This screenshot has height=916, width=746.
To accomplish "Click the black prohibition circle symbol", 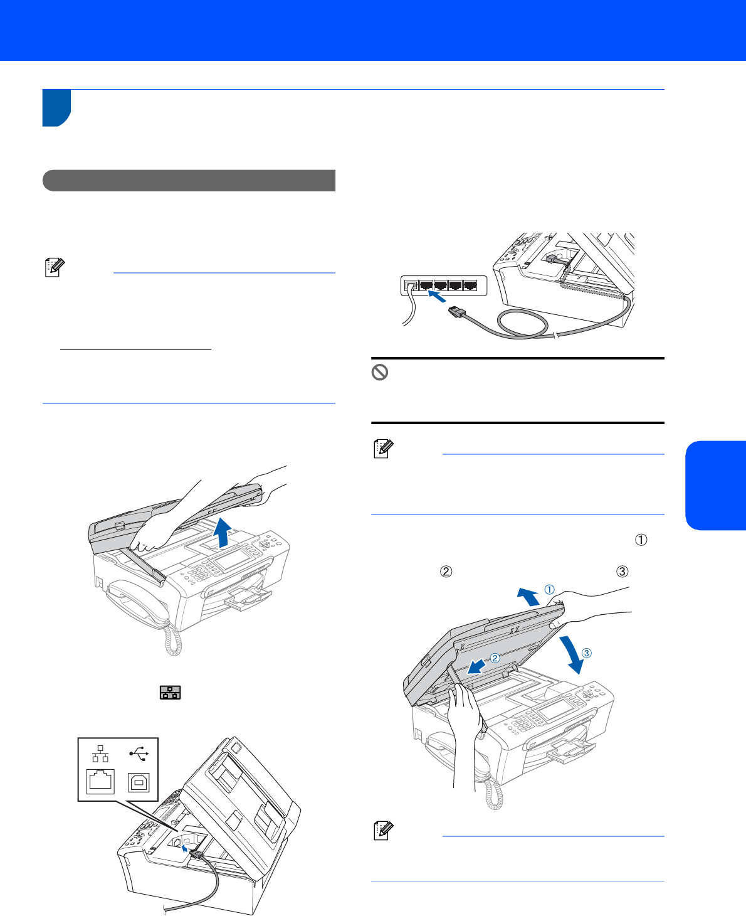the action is pos(379,373).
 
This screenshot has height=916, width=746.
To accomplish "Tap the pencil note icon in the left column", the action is pos(55,267).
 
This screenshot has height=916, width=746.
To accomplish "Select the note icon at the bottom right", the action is pos(383,831).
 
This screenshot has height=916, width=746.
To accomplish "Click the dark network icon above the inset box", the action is pos(170,693).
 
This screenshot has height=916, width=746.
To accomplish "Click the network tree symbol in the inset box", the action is pos(100,754).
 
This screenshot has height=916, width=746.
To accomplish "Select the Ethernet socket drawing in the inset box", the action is pos(100,781).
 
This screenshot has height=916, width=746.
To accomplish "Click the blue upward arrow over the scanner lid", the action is pos(222,533).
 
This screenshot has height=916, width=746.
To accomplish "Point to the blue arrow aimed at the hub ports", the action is pos(437,296).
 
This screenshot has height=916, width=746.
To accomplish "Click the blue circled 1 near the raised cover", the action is pos(549,589).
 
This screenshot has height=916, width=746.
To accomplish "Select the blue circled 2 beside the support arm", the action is pos(495,658).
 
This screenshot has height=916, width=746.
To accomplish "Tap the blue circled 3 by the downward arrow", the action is pos(587,653).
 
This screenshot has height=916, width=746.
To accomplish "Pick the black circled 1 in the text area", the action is pos(641,540).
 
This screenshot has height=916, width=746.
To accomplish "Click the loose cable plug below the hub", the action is pos(456,311).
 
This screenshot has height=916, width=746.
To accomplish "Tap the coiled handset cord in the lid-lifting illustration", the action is pos(173,640).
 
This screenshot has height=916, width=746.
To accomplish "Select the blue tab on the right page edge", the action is pos(715,486).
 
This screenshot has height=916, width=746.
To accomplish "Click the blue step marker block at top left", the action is pos(56,108).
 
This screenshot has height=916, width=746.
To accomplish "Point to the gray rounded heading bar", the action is pos(189,181).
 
